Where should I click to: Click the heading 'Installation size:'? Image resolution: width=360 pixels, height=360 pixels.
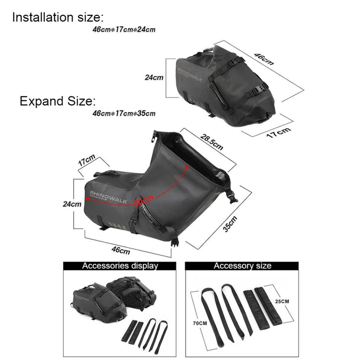(58, 18)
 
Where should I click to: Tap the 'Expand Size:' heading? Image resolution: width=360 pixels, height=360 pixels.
(58, 101)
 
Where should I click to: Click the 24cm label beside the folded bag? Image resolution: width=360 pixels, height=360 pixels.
(154, 77)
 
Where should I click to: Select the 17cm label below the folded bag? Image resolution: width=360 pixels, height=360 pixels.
(279, 131)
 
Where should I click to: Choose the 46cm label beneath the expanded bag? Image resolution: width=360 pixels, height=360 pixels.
(120, 250)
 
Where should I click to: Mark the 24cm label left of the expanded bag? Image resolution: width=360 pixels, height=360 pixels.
(72, 204)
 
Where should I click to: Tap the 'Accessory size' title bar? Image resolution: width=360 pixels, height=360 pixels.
(242, 265)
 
